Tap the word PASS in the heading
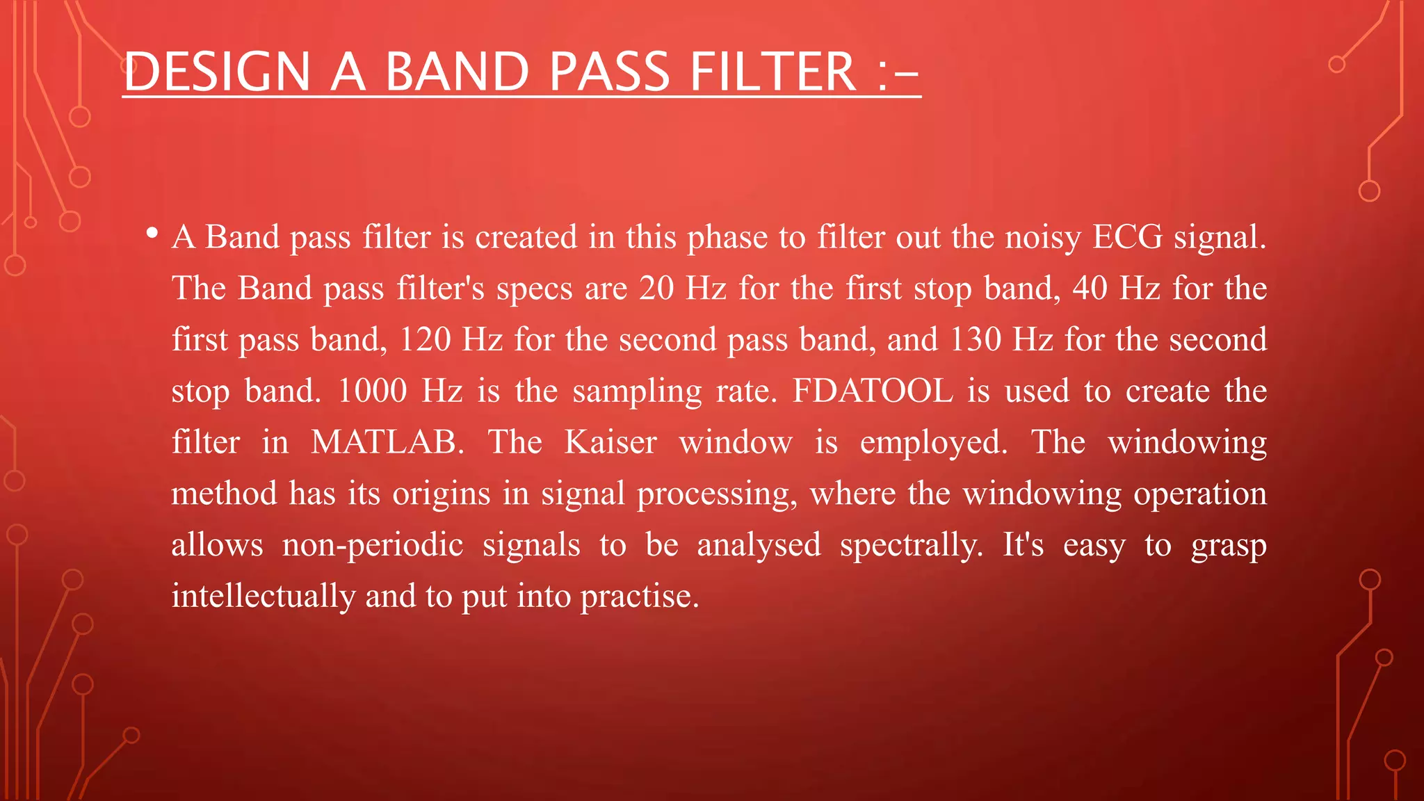pos(609,72)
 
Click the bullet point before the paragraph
pos(152,233)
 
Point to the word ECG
pos(1127,237)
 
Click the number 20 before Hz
pos(656,288)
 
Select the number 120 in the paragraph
pos(425,339)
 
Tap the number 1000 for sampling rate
pos(372,391)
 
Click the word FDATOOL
pos(873,391)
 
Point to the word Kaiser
pos(610,442)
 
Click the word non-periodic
pos(373,544)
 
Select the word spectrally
pos(912,544)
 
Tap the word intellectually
pos(263,596)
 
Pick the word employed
pos(933,442)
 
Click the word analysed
pos(759,544)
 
